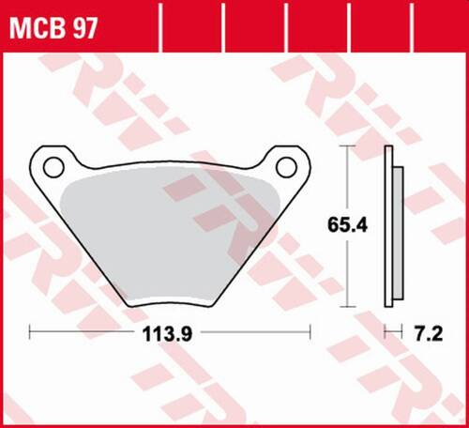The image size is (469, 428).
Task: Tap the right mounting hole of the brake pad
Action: point(287,165)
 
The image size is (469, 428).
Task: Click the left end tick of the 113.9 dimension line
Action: point(30,333)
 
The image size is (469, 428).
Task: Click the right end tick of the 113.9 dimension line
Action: point(310,333)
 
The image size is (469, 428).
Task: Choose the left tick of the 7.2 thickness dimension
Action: point(386,333)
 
